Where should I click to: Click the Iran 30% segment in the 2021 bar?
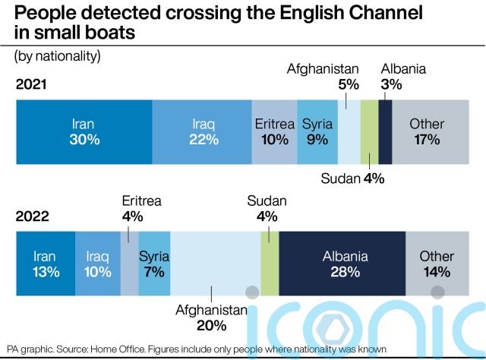84,131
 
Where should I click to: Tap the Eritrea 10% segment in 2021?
274,131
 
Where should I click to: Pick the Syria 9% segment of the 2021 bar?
317,131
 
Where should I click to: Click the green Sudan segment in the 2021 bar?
369,131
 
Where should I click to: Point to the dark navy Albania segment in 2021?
385,131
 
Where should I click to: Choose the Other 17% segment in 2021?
427,131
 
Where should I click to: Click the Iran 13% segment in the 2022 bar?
46,264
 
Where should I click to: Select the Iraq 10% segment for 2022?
97,264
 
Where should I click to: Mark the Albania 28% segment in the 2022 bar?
342,264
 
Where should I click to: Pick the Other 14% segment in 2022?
437,264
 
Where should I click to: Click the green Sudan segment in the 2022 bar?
270,264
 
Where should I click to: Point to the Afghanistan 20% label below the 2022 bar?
212,317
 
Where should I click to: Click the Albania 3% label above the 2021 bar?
403,76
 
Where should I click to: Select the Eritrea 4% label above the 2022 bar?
142,208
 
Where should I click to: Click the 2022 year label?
33,216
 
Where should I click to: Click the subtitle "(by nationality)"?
57,56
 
